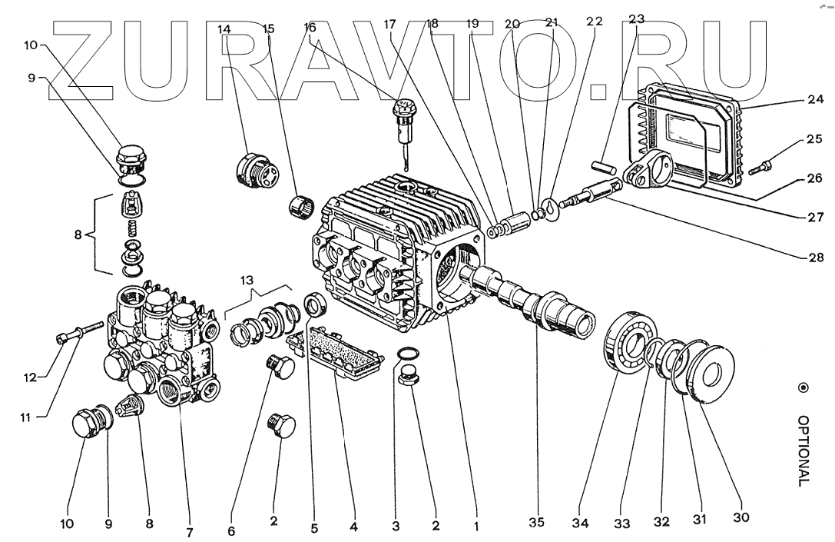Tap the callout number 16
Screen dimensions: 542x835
(310, 25)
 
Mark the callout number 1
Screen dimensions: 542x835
(476, 527)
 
